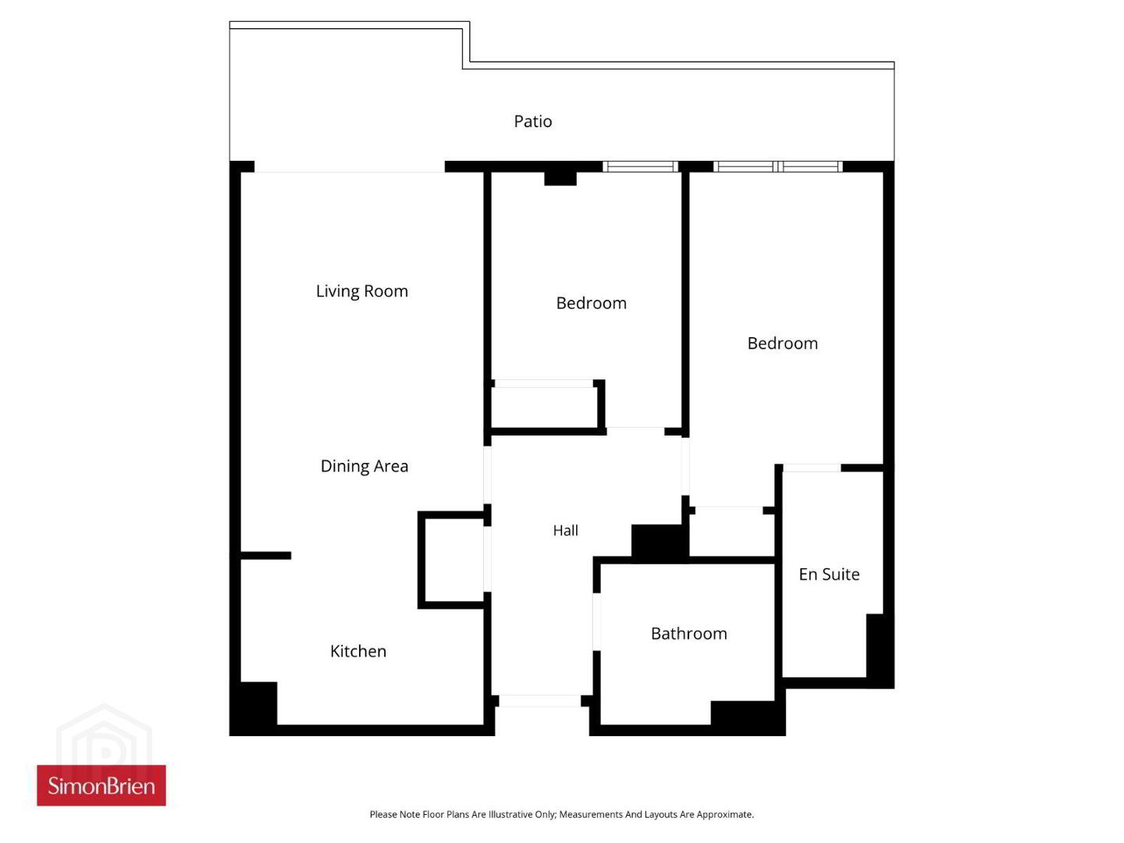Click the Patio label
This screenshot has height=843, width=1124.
point(532,121)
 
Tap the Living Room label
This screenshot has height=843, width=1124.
point(361,290)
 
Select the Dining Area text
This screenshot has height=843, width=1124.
point(364,466)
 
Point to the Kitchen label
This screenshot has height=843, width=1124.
point(358,651)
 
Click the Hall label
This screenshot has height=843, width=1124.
point(565,530)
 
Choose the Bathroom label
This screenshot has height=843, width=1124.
point(688,634)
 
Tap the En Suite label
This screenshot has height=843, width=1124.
point(829,574)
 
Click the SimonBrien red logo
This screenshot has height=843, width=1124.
point(101,785)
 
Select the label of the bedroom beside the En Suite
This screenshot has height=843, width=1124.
point(782,343)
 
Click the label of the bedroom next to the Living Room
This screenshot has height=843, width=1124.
point(591,303)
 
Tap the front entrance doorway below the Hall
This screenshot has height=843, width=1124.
point(539,701)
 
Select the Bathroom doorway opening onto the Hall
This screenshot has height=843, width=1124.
point(596,621)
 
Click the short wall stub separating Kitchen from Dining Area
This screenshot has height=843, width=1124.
point(265,555)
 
